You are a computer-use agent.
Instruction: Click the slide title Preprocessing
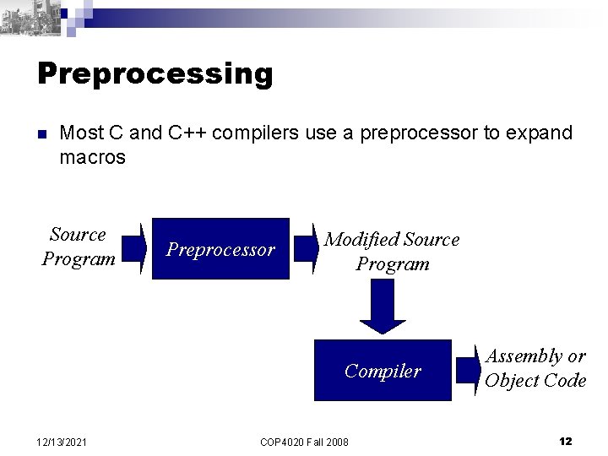(x=155, y=73)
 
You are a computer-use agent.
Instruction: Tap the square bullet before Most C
(x=41, y=134)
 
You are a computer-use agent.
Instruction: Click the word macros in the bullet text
(x=93, y=157)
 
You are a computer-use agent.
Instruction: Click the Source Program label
(x=79, y=247)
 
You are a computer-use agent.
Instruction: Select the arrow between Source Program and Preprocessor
(x=132, y=248)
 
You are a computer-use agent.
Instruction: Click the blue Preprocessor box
(x=220, y=249)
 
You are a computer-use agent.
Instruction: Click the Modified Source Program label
(x=393, y=252)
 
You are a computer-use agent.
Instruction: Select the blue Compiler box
(x=383, y=370)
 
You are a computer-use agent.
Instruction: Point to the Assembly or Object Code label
(x=535, y=368)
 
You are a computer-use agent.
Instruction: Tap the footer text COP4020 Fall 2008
(x=304, y=442)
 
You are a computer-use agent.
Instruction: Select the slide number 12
(x=566, y=442)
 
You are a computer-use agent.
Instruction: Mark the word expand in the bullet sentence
(x=546, y=133)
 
